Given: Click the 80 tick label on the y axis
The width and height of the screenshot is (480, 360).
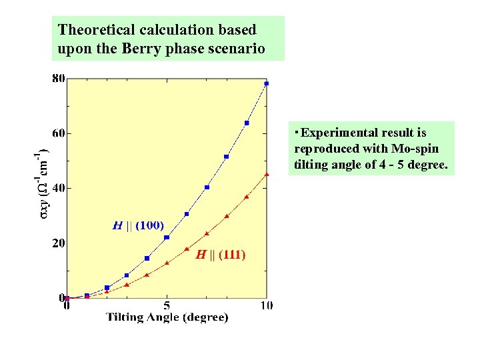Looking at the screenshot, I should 58,78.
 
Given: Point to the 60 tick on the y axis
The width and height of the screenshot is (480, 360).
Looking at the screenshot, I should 58,133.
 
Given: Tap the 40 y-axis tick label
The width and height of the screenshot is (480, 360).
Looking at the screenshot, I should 58,188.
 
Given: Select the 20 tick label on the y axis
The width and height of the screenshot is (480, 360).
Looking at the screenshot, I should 58,243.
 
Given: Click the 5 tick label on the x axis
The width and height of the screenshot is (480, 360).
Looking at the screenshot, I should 167,306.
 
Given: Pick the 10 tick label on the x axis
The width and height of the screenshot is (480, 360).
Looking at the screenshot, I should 267,306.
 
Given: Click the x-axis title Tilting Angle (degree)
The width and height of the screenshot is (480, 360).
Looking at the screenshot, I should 167,318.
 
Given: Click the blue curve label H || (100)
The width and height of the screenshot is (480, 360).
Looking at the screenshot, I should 138,225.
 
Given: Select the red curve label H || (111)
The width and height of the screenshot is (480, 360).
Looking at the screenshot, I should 220,254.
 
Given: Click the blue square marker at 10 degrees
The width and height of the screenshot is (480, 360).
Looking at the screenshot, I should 267,83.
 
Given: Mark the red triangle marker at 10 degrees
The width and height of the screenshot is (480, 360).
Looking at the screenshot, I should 267,174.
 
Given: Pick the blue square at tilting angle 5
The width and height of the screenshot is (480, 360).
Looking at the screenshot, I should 167,237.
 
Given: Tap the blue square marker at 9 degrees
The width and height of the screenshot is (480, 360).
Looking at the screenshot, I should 247,123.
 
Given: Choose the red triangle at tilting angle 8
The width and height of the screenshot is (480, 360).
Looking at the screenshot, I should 227,216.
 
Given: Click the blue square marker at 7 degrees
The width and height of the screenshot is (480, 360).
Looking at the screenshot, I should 207,187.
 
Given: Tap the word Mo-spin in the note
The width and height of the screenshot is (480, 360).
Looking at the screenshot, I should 417,148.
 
